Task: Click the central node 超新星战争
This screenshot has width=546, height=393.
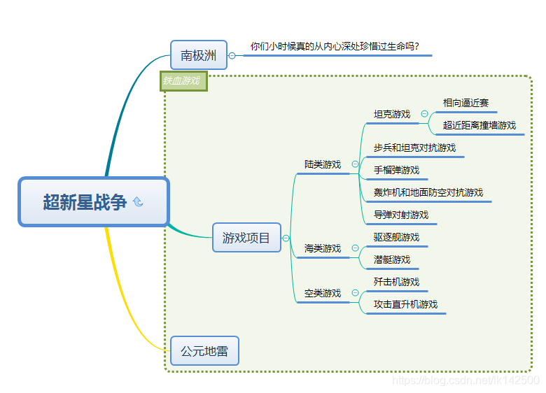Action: tap(85, 202)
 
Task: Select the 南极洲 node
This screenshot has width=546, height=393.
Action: tap(199, 55)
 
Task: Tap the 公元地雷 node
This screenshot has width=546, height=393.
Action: tap(204, 351)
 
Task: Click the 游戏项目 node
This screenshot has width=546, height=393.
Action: tap(246, 238)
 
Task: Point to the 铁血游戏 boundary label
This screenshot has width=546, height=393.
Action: tap(183, 81)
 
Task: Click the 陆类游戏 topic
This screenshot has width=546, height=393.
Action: tap(323, 164)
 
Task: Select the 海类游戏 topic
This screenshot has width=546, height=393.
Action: tap(323, 248)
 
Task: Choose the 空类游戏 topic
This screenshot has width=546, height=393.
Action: tap(323, 293)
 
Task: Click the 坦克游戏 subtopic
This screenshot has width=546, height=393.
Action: tap(392, 114)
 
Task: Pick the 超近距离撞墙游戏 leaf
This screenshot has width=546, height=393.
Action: tap(479, 125)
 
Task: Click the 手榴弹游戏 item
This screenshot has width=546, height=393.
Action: tap(396, 170)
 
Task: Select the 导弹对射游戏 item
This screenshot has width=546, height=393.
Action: tap(401, 215)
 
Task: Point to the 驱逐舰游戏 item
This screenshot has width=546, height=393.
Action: tap(396, 237)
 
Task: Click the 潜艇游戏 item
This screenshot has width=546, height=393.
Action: tap(392, 259)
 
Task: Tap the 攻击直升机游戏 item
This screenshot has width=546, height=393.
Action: tap(405, 304)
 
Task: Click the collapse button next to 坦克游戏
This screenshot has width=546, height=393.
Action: tap(425, 114)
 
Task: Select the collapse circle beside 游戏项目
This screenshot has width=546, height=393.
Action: tap(286, 238)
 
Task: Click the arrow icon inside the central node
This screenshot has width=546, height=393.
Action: tap(138, 202)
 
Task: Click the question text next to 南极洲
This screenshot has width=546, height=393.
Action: tap(335, 47)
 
